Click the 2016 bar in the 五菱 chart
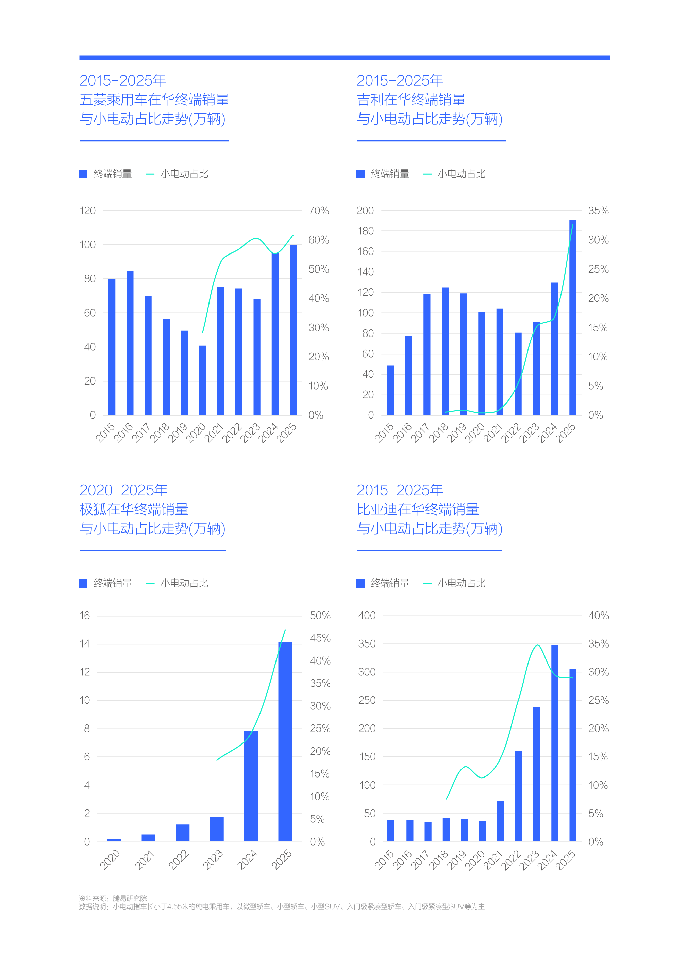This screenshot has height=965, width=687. [x=130, y=343]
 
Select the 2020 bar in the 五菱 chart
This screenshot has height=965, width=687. [x=203, y=380]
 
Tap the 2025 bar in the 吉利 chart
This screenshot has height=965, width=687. [x=573, y=317]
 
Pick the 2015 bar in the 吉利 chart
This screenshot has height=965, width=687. [x=390, y=390]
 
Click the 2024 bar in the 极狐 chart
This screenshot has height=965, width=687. [x=251, y=786]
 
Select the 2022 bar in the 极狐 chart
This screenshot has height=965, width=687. [x=183, y=833]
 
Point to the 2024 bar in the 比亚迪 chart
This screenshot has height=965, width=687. [x=555, y=743]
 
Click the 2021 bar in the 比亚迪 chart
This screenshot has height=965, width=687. [x=500, y=821]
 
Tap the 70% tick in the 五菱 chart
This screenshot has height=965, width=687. [x=319, y=211]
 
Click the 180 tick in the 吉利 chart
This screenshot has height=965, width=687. [x=365, y=231]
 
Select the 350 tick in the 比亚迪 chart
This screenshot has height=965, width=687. [x=367, y=644]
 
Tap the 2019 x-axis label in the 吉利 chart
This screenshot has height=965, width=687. [x=456, y=432]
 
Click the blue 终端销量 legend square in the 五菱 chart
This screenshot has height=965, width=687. [x=83, y=174]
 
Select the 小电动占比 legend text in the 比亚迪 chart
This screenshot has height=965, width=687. [x=462, y=583]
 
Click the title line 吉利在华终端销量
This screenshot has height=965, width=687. [x=411, y=100]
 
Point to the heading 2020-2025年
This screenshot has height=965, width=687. [x=123, y=490]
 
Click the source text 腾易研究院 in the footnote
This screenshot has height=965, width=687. [x=130, y=898]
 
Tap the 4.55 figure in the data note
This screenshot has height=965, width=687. [x=175, y=906]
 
